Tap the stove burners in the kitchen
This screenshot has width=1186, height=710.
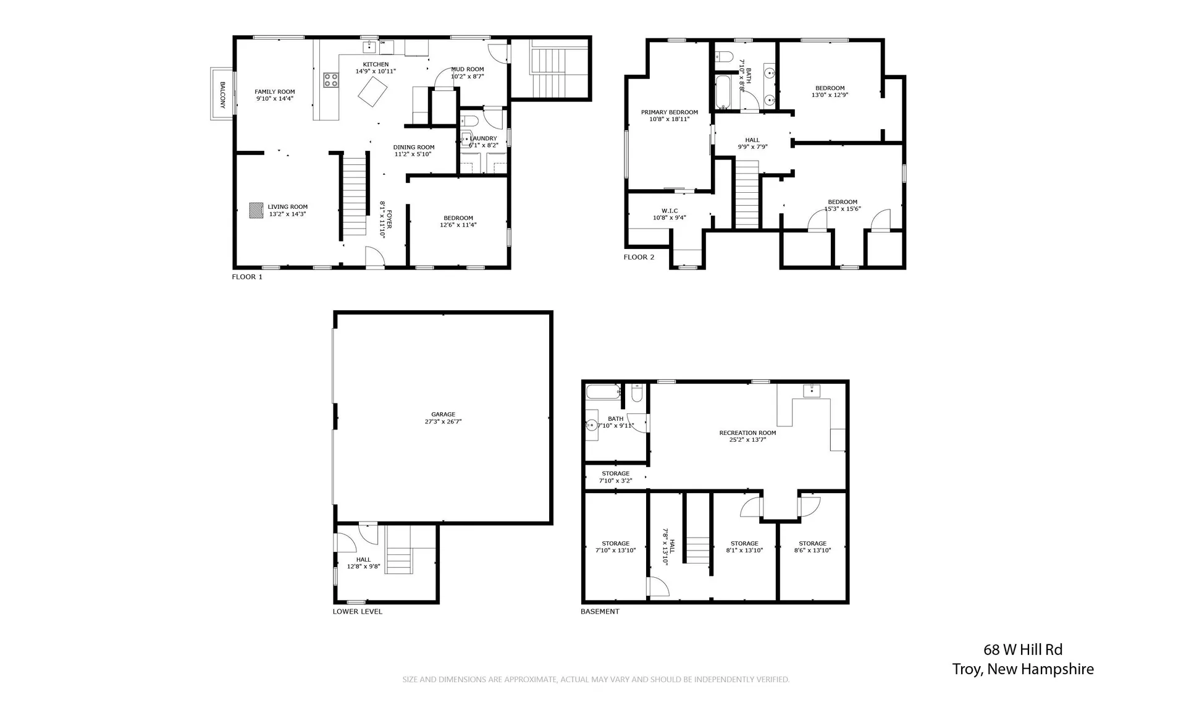(x=331, y=79)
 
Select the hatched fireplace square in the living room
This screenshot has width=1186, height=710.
(x=256, y=210)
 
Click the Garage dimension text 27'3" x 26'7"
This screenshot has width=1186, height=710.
(x=443, y=421)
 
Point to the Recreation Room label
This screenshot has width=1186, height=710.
(x=747, y=433)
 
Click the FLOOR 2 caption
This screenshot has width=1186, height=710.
(x=639, y=257)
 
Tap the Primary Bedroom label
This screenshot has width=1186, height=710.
(x=669, y=112)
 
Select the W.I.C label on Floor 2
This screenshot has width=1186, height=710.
(x=670, y=211)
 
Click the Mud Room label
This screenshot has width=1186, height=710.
(x=467, y=69)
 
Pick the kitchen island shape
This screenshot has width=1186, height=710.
(x=373, y=93)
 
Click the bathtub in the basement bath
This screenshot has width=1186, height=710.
(x=603, y=392)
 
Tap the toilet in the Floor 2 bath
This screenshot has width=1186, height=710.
(x=724, y=57)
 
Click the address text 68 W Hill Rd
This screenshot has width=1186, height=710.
(x=1023, y=649)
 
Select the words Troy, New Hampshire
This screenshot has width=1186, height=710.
(x=1023, y=669)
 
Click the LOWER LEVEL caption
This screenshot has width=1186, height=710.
(x=357, y=612)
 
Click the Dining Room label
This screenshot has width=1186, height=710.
(x=413, y=148)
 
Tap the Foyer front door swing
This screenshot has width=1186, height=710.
(x=374, y=257)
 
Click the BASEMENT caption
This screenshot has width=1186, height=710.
(x=599, y=612)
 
